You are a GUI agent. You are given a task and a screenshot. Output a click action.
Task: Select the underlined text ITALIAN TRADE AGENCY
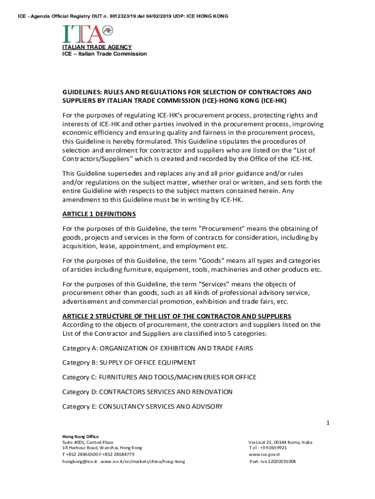(96, 47)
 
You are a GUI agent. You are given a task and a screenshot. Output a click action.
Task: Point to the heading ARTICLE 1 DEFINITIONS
(99, 214)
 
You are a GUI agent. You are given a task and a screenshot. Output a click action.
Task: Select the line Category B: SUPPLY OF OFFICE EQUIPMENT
(129, 363)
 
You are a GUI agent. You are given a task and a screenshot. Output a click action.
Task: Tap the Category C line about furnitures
(159, 377)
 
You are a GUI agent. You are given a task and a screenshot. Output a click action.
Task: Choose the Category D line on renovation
(147, 392)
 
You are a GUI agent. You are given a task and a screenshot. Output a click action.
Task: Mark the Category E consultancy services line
(142, 406)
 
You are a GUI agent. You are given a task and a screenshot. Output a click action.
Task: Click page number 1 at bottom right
(328, 423)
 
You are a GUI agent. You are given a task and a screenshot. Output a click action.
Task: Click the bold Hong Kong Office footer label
(80, 436)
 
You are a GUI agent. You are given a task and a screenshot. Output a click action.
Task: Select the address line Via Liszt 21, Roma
(281, 442)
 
